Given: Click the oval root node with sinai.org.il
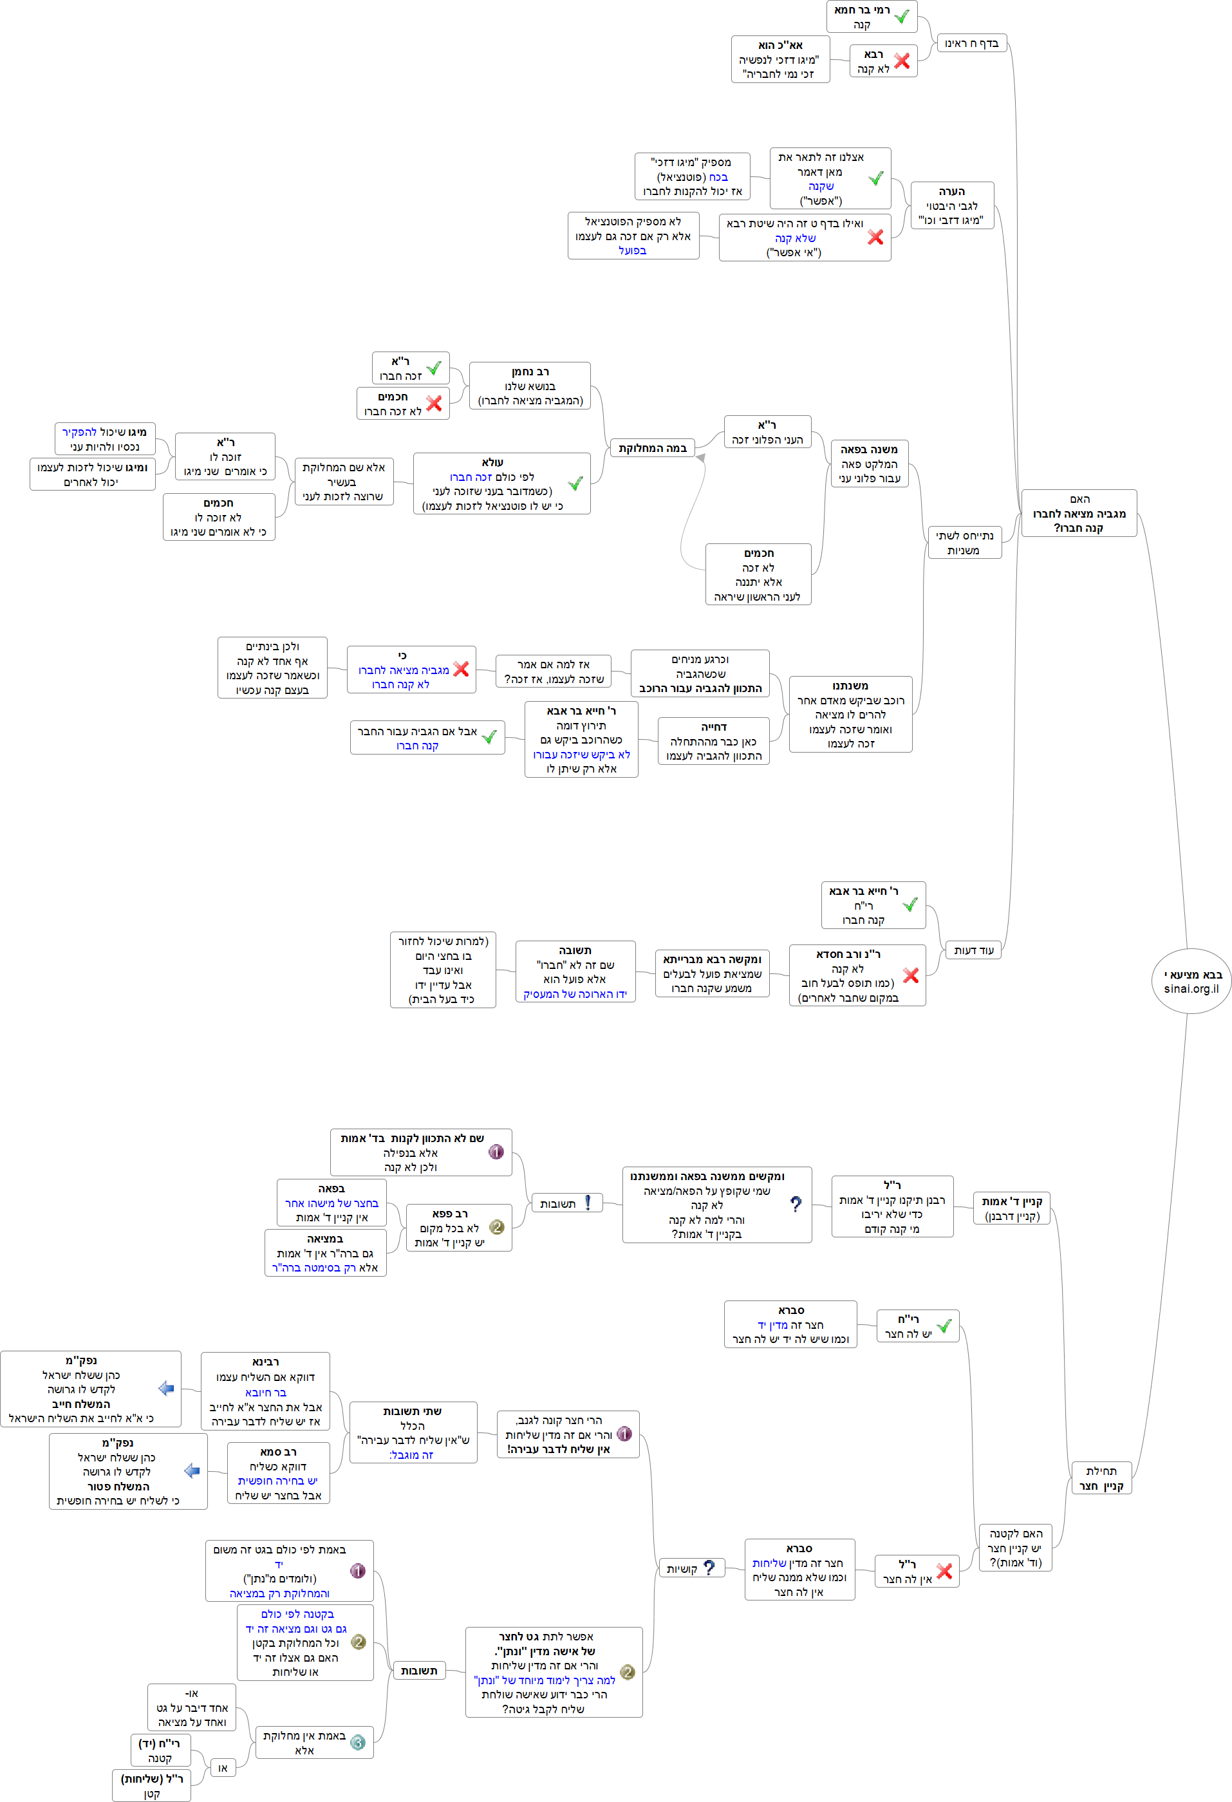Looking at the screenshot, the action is [1191, 981].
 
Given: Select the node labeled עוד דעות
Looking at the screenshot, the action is [973, 950].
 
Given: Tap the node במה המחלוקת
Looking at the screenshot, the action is [652, 448].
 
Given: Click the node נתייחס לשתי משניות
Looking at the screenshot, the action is [964, 542].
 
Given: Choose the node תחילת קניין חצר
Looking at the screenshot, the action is [1101, 1478].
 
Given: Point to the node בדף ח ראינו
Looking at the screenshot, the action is [971, 43].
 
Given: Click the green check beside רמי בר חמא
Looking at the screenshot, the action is [901, 16].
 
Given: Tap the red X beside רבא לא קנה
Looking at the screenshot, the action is [901, 61].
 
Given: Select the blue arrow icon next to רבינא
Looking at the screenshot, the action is [166, 1388].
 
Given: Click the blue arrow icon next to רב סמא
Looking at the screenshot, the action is [192, 1470].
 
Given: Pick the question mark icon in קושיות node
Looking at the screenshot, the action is [709, 1568].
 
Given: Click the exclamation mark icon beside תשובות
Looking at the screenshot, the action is [588, 1203].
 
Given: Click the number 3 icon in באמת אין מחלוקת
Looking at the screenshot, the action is [357, 1742].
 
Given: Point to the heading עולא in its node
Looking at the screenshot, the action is [492, 463].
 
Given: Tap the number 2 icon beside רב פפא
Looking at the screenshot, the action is [497, 1226].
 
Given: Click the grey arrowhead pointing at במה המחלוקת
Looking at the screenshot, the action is [700, 458].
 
